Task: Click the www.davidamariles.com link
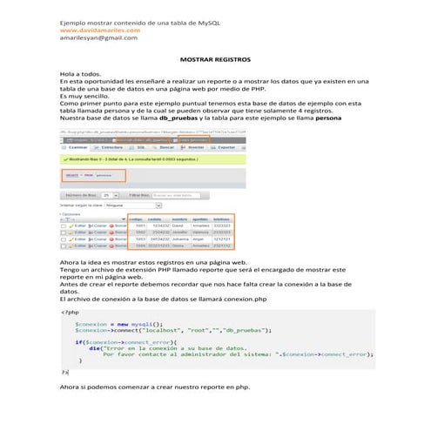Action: click(x=99, y=30)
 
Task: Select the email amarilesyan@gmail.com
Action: click(x=98, y=38)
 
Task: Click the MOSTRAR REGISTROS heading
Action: click(x=214, y=60)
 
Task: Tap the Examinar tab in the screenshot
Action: click(x=76, y=148)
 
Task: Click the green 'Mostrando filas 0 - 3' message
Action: click(x=131, y=160)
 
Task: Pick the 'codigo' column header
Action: click(x=138, y=219)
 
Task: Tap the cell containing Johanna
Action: click(x=179, y=239)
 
